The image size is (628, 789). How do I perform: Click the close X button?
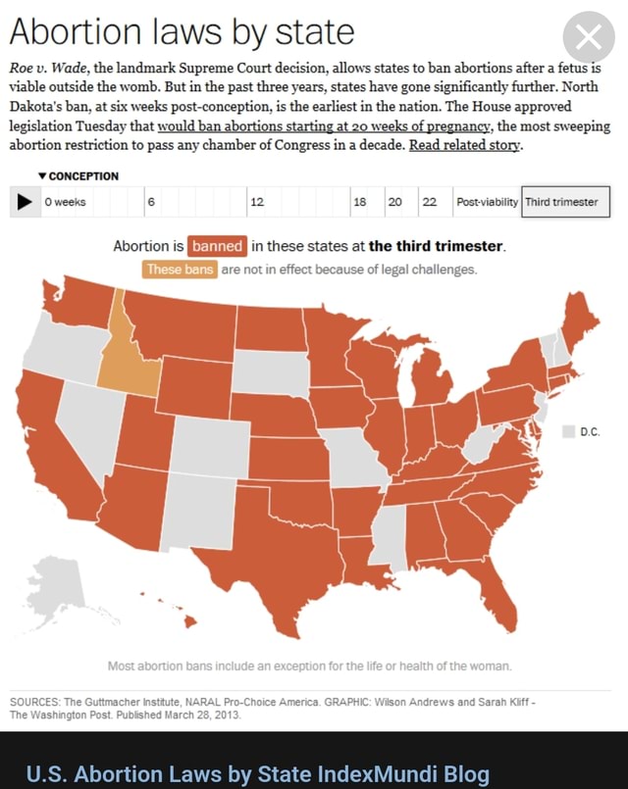[x=588, y=38]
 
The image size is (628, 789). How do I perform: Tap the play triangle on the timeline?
[x=24, y=202]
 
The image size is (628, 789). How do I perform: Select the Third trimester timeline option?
[x=560, y=202]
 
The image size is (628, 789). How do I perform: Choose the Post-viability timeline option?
[x=487, y=202]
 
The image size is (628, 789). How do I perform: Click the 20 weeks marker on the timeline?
[x=394, y=202]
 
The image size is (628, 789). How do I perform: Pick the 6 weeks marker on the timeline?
[x=151, y=202]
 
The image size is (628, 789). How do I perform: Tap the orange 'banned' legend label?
[x=217, y=246]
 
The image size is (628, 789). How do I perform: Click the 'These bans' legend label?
[x=180, y=270]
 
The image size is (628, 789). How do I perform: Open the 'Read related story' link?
[x=465, y=145]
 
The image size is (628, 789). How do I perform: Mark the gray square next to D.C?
[x=567, y=431]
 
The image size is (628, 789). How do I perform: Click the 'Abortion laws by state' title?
[x=182, y=32]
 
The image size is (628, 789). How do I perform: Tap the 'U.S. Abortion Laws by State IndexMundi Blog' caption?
[x=257, y=774]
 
